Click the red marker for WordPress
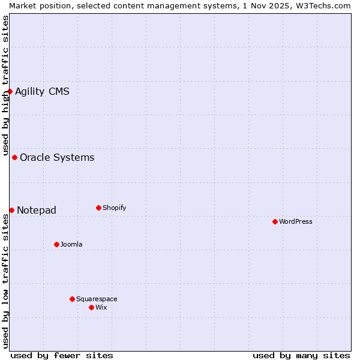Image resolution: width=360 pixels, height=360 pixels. coord(275,221)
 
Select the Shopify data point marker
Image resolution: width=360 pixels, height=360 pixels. coord(98,208)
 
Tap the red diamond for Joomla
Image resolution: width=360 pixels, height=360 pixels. coord(56,244)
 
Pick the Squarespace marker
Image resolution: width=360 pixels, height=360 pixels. coord(72,299)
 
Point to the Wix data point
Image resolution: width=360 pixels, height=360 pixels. coord(91,307)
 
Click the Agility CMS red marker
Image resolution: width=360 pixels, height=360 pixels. coord(10,91)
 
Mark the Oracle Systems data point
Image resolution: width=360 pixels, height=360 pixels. coord(14,157)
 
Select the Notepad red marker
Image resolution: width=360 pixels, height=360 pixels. coord(11,210)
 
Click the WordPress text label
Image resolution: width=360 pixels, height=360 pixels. coord(296,221)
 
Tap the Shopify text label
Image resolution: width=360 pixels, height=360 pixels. coord(115,208)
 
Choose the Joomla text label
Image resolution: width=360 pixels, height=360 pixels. coord(71,244)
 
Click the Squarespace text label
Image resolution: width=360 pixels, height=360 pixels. coord(97,299)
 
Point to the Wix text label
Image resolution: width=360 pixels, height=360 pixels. coord(101,307)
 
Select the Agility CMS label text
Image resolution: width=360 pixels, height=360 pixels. coord(42,91)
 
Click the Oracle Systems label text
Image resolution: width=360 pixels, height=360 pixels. coord(57,157)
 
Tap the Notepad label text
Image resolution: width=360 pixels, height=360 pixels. coord(37,210)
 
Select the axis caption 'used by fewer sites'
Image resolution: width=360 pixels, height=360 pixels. coord(62,355)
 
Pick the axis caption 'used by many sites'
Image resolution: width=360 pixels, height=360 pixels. coord(301,355)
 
